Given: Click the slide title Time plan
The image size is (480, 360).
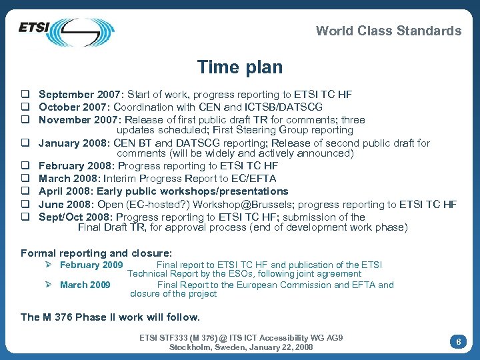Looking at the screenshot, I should pyautogui.click(x=239, y=67).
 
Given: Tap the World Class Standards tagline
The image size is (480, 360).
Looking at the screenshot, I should pyautogui.click(x=388, y=31).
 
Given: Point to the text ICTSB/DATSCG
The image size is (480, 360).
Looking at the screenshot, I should pyautogui.click(x=289, y=107).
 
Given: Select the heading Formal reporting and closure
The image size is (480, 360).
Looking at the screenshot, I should pyautogui.click(x=96, y=253).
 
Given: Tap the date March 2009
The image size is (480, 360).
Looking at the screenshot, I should pyautogui.click(x=85, y=285).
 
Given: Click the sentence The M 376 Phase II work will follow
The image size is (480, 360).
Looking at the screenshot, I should pyautogui.click(x=110, y=317).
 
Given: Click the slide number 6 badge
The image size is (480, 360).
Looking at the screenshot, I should pyautogui.click(x=458, y=341).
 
